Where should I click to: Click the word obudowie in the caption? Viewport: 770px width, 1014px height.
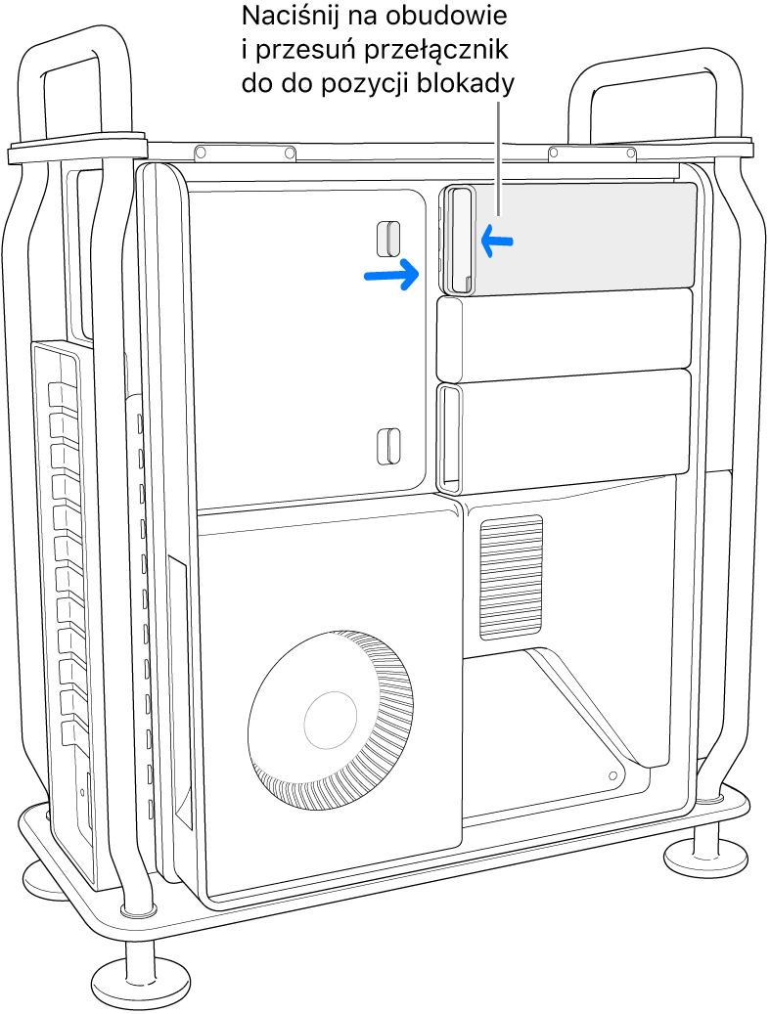coord(446,17)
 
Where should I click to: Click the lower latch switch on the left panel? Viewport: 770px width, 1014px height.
coord(388,446)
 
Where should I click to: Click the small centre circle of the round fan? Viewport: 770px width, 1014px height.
coord(330,718)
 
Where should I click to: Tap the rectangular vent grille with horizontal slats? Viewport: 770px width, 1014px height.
coord(511,578)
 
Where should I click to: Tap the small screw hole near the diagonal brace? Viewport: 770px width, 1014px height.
coord(612,774)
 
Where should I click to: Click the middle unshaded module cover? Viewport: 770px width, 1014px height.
coord(565,335)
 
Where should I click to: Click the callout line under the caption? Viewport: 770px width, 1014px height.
coord(499,157)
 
